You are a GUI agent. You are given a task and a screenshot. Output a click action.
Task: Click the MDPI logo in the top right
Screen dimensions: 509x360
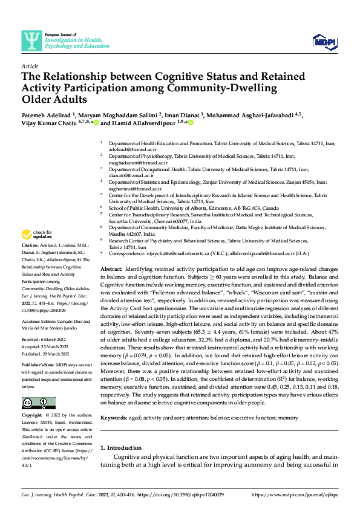(x=325, y=41)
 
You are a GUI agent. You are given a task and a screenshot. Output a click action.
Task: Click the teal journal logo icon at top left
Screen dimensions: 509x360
(x=30, y=41)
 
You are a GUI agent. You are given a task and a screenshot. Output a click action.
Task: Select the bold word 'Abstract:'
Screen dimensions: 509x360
(x=111, y=268)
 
